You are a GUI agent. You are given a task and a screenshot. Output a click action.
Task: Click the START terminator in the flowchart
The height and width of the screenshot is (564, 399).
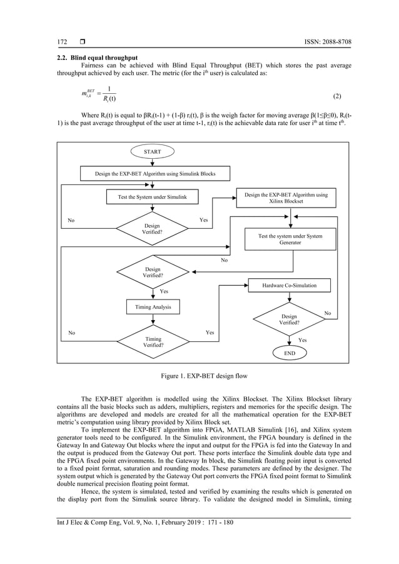(152, 151)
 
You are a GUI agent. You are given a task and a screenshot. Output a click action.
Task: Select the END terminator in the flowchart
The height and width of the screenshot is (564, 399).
(290, 353)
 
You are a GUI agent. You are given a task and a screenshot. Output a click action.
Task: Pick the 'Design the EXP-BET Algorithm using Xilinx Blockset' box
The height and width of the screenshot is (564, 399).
(285, 198)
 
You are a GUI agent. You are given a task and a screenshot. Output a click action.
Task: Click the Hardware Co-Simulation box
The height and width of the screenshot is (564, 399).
(289, 285)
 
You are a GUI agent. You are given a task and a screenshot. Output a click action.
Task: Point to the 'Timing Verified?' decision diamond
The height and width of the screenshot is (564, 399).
(152, 341)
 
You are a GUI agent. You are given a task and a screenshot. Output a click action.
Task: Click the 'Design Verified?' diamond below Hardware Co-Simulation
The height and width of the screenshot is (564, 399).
(289, 320)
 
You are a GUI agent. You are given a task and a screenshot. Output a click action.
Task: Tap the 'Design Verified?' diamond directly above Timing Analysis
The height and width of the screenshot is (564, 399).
(152, 272)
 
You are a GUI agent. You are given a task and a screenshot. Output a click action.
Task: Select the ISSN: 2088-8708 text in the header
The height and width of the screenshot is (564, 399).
(323, 43)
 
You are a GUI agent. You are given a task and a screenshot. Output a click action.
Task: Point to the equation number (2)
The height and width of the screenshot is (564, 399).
(336, 96)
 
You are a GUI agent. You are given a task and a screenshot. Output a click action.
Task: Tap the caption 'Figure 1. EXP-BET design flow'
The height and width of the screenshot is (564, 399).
(199, 375)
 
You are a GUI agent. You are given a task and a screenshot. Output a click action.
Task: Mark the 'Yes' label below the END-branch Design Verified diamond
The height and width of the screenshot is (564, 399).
(302, 340)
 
